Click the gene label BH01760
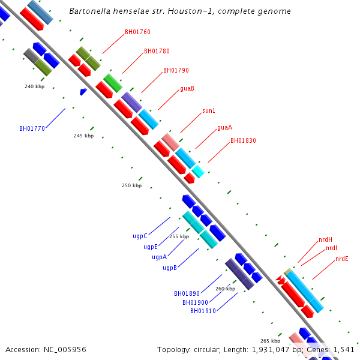(137, 32)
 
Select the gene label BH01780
(157, 51)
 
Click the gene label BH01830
(243, 140)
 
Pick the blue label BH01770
(32, 128)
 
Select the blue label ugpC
(140, 236)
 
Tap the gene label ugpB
(170, 268)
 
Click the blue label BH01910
(203, 311)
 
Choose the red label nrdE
(342, 259)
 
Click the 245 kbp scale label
(84, 136)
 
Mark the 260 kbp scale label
(225, 289)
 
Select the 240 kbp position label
(34, 86)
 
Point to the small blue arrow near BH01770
(83, 91)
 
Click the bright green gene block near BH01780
(113, 83)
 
